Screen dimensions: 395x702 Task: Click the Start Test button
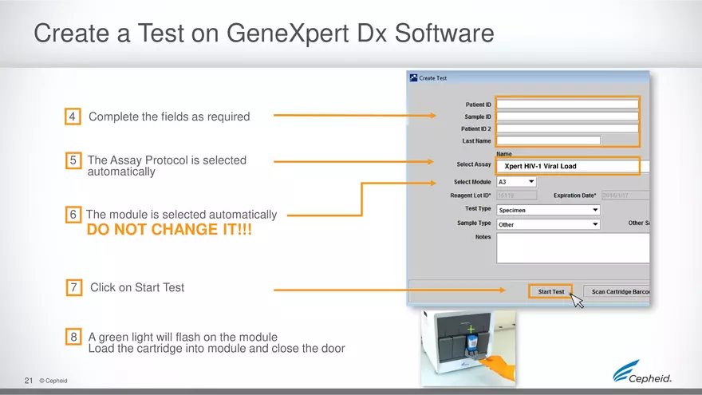(550, 292)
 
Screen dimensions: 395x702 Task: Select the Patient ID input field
(567, 104)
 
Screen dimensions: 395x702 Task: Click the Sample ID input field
(567, 117)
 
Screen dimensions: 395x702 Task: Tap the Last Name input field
(547, 140)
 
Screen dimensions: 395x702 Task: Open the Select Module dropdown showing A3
(516, 182)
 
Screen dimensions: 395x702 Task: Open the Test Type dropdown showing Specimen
(547, 210)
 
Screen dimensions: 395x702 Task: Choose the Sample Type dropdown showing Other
(547, 225)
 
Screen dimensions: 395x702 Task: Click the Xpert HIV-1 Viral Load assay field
(567, 166)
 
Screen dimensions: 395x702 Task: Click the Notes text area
(572, 247)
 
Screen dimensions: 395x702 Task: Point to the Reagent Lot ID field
(516, 196)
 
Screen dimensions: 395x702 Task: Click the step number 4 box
(73, 117)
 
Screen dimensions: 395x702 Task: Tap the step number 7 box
(73, 287)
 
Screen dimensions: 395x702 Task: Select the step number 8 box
(73, 338)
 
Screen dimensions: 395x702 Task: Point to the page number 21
(29, 381)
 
